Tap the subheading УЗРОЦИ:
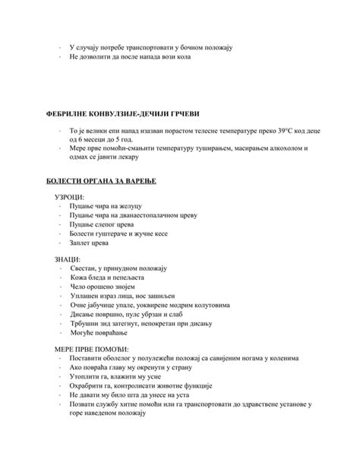[70, 197]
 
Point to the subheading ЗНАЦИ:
[68, 260]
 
